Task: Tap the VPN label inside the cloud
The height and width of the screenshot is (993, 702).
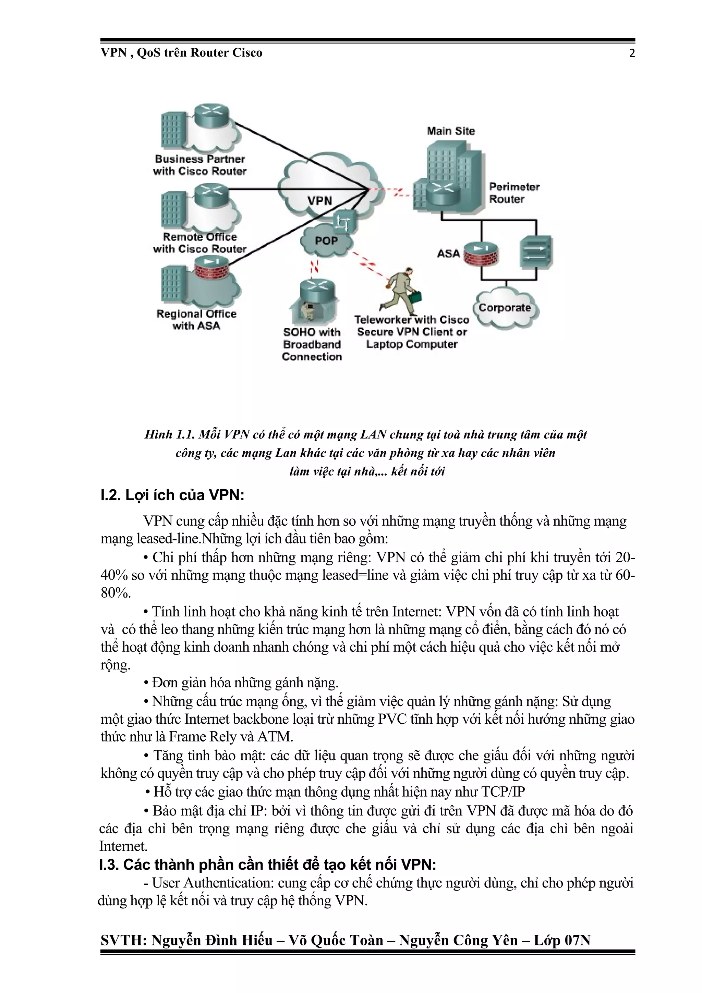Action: pos(320,201)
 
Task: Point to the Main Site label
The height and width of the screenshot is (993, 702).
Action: pos(451,131)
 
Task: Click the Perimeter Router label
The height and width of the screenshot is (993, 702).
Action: pos(514,193)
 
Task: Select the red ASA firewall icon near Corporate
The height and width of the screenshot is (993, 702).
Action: pos(480,254)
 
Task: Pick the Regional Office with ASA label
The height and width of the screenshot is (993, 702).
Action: pos(196,320)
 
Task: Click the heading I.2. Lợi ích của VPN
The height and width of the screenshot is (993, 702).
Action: pos(172,495)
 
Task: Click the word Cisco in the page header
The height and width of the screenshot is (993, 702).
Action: pos(247,53)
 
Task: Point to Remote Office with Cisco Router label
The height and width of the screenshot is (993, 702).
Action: pos(199,243)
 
